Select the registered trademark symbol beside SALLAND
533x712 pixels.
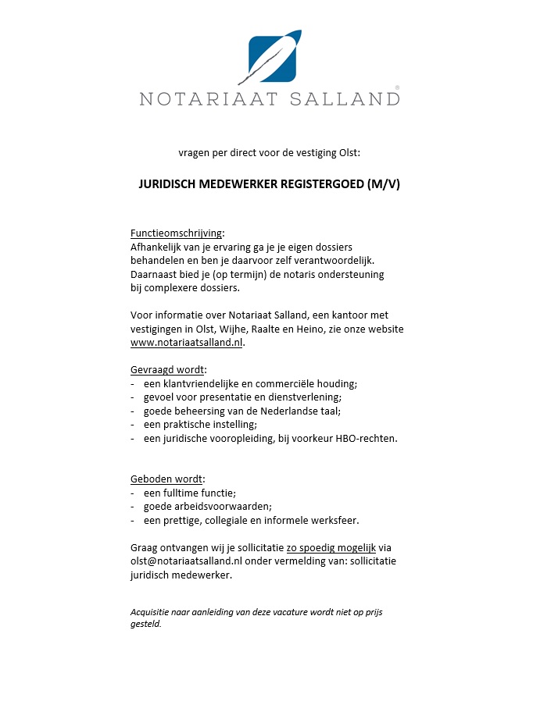pyautogui.click(x=397, y=88)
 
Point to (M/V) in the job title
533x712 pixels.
pyautogui.click(x=382, y=185)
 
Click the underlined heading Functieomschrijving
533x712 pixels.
pyautogui.click(x=177, y=233)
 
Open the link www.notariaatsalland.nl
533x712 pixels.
pyautogui.click(x=187, y=343)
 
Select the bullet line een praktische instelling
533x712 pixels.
pyautogui.click(x=200, y=424)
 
